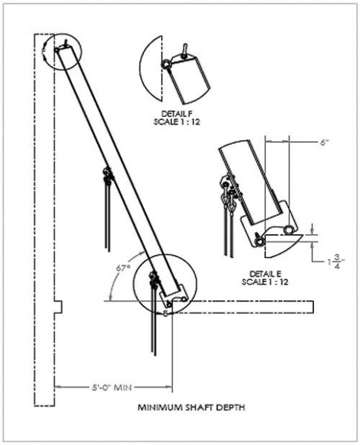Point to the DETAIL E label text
pos(265,273)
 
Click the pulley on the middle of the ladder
pos(107,175)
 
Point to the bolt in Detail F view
pos(165,65)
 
